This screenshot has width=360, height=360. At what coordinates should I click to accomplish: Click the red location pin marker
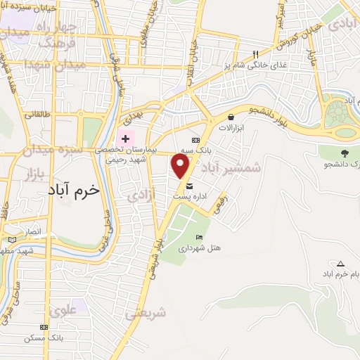[x=181, y=166]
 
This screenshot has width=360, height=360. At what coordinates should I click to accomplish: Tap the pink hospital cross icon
[x=125, y=139]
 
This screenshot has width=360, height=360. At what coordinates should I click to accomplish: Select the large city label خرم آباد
[x=75, y=190]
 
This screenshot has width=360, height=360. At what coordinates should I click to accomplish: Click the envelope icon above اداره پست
[x=190, y=186]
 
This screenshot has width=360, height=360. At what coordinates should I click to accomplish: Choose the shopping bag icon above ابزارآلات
[x=231, y=117]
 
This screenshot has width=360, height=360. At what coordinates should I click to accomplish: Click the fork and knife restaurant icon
[x=256, y=54]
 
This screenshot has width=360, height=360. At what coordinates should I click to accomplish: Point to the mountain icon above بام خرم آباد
[x=341, y=262]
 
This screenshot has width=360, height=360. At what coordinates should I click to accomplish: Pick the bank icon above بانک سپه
[x=186, y=141]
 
